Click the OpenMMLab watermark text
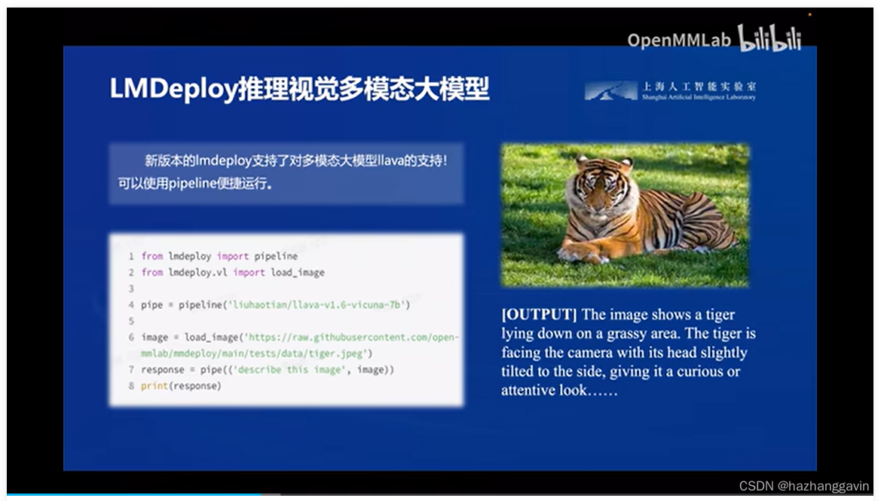coord(679,39)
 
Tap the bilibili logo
coord(769,38)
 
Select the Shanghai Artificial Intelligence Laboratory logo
coord(670,91)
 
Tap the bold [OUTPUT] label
coord(539,315)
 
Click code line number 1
coord(131,257)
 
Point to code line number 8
coord(131,386)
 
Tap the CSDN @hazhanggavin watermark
coord(803,487)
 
